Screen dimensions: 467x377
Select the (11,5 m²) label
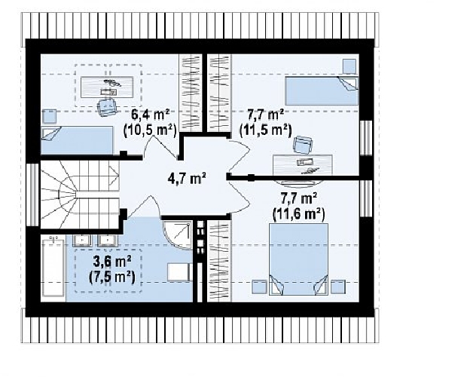pos(265,130)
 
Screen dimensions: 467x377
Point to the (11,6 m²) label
pos(298,214)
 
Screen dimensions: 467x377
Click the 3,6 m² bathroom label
pos(112,262)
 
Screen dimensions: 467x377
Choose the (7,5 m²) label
pos(112,277)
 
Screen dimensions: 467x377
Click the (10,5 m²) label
pos(150,130)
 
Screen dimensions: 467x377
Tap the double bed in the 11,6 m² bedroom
pos(298,259)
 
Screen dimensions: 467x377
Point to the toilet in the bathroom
pos(179,272)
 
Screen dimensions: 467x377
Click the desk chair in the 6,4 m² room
pos(107,106)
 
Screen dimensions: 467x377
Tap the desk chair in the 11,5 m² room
pos(303,145)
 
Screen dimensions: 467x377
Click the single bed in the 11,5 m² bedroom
pos(322,91)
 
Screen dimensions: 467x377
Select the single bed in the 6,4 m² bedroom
pos(77,140)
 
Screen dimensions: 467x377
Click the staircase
pos(80,195)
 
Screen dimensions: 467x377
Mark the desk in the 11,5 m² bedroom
pos(303,165)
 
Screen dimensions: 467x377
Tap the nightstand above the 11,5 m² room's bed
pos(349,66)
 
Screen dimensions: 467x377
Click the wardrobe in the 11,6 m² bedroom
pos(219,261)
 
